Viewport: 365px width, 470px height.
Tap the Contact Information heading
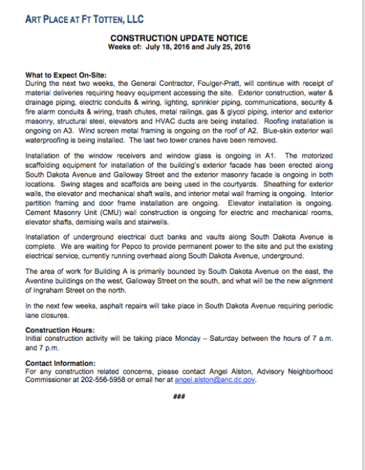pos(60,362)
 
